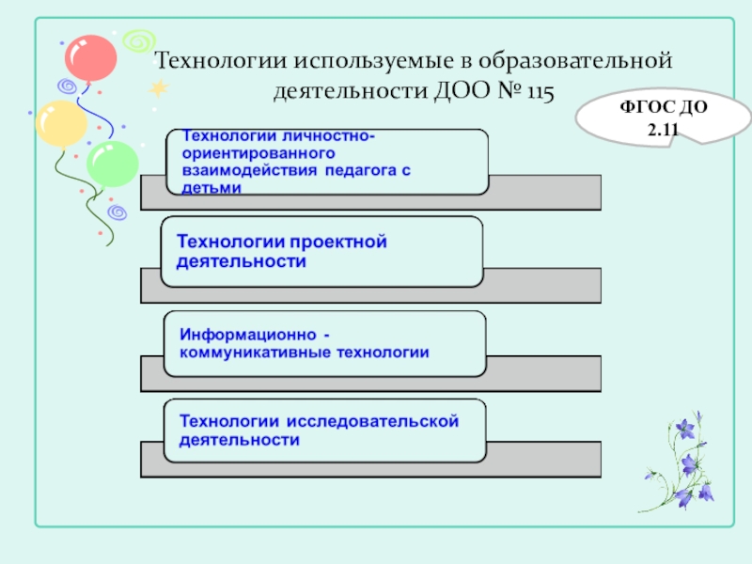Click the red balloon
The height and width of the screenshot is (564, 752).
pos(91,57)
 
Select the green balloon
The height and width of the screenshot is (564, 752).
pos(113,164)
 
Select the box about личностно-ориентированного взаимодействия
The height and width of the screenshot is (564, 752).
pos(327,162)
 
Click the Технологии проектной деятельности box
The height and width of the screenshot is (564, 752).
pos(321,251)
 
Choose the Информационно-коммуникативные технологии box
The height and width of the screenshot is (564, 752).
pos(325,343)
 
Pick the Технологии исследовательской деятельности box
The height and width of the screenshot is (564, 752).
pos(325,430)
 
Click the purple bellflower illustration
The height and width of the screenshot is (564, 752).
pos(683,461)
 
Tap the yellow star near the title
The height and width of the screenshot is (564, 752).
pos(158,87)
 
